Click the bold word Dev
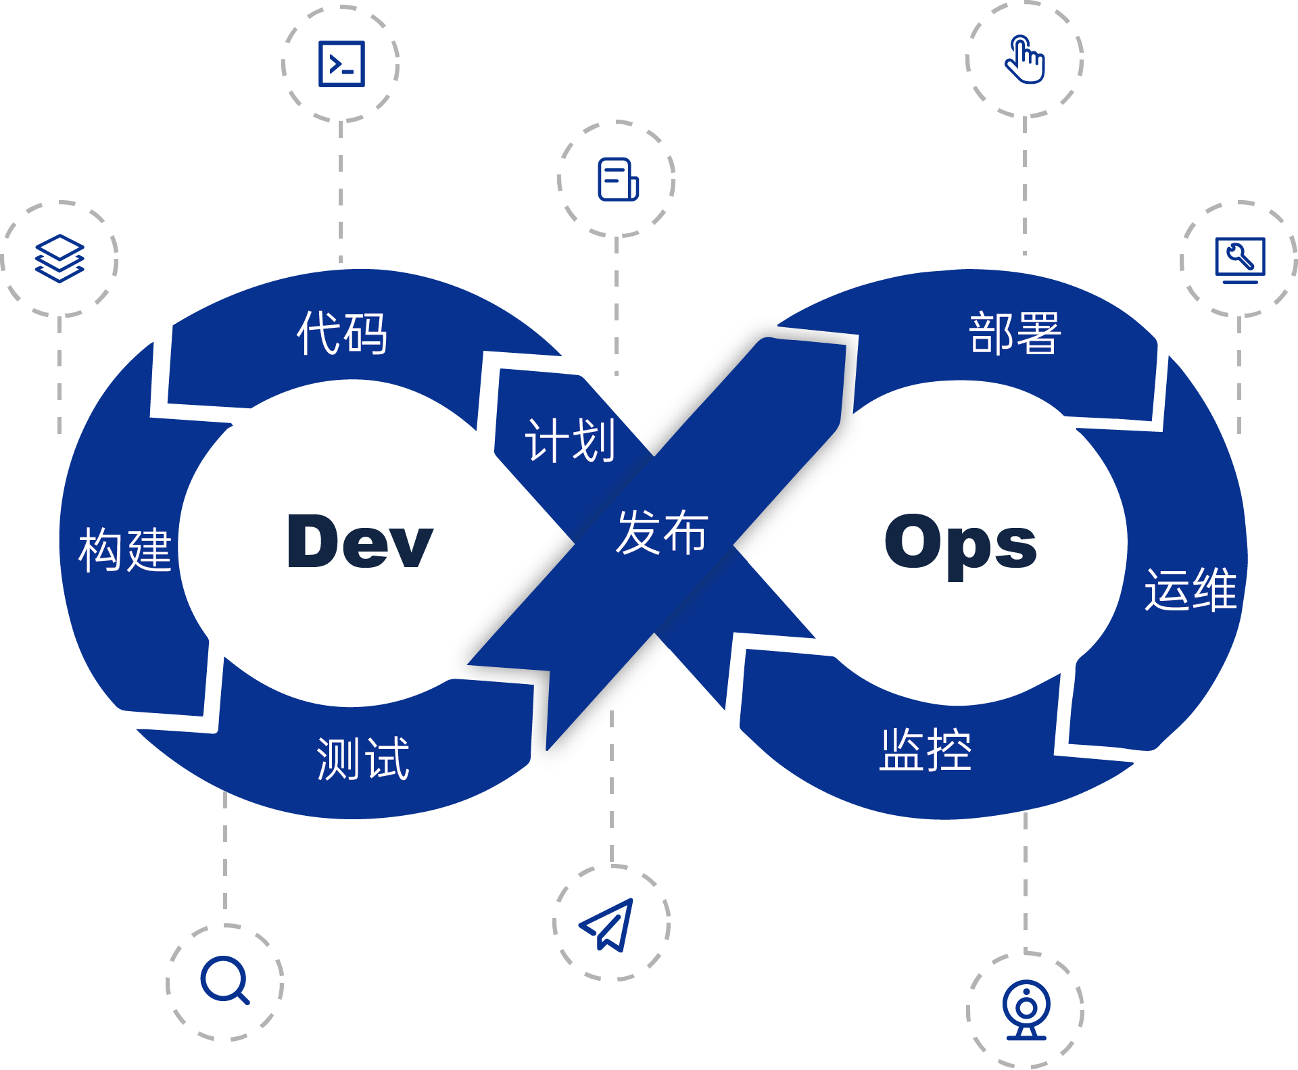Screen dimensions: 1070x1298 360,541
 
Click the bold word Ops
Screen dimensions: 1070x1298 960,544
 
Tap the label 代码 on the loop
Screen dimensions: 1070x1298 342,333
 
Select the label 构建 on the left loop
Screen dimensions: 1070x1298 125,550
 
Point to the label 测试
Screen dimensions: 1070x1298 363,758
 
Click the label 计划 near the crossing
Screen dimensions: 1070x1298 571,441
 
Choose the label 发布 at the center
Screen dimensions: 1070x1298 662,533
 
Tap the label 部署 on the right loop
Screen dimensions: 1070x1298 1015,333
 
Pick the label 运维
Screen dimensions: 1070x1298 1191,589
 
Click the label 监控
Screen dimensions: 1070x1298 926,750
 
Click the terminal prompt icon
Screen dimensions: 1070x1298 341,64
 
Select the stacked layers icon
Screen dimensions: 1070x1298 59,258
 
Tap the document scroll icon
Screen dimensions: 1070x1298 618,180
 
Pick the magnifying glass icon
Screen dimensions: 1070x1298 224,980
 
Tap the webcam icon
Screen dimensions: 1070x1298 1026,1011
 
